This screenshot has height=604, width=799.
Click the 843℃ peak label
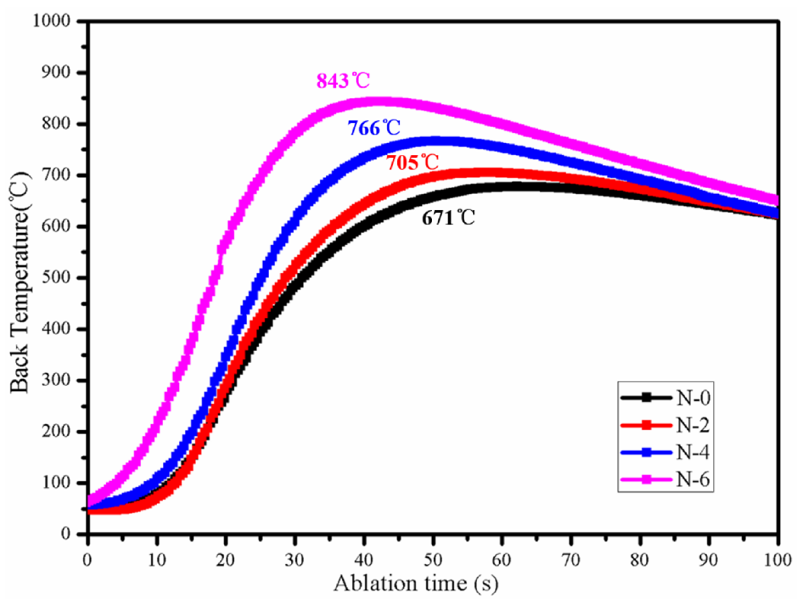[343, 81]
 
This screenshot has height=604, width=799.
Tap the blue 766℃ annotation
[374, 128]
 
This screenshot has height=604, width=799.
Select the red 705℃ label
[412, 163]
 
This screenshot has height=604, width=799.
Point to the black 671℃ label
[448, 218]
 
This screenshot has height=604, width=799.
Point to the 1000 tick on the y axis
[51, 21]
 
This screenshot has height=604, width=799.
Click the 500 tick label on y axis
[56, 278]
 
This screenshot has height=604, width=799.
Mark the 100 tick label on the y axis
[56, 483]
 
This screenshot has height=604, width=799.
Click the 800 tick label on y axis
[56, 124]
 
